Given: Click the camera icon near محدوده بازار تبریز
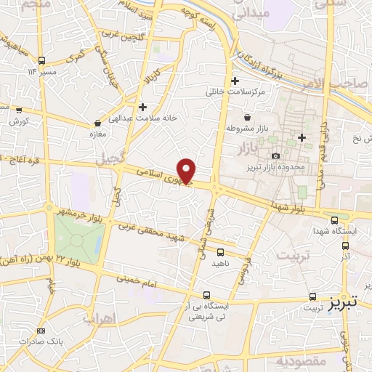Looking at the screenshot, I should point(275,156).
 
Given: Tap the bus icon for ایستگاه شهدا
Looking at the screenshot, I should point(333,220).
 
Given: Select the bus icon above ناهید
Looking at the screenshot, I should point(219,252).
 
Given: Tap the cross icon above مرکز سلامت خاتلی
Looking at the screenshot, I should point(234,81).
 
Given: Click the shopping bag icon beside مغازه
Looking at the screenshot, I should point(97,124).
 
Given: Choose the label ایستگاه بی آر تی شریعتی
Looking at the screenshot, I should point(207,311).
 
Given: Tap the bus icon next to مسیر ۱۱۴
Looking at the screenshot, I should point(42,60).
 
